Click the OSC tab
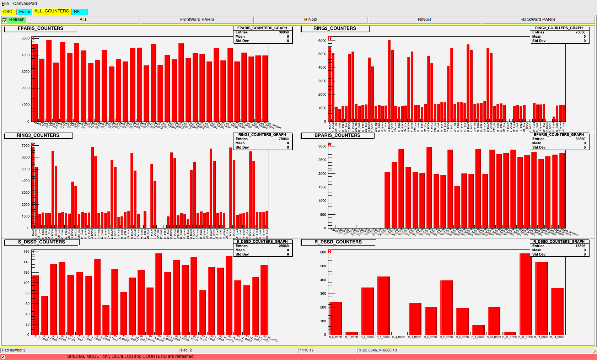click(x=8, y=12)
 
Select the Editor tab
click(x=25, y=12)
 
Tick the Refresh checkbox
click(x=5, y=20)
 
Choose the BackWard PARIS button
click(x=538, y=20)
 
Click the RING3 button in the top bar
click(x=424, y=20)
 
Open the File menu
click(x=5, y=4)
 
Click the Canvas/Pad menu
click(x=25, y=4)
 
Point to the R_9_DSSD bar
click(x=478, y=329)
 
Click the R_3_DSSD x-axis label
click(x=383, y=337)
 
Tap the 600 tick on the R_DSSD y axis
click(x=323, y=252)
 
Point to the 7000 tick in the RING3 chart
click(x=26, y=146)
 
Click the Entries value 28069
click(x=284, y=246)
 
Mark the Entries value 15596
click(x=580, y=246)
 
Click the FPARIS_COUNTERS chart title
click(x=41, y=28)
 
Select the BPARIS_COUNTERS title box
click(x=337, y=135)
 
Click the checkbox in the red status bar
click(x=3, y=357)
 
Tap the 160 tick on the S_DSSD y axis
click(x=27, y=252)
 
